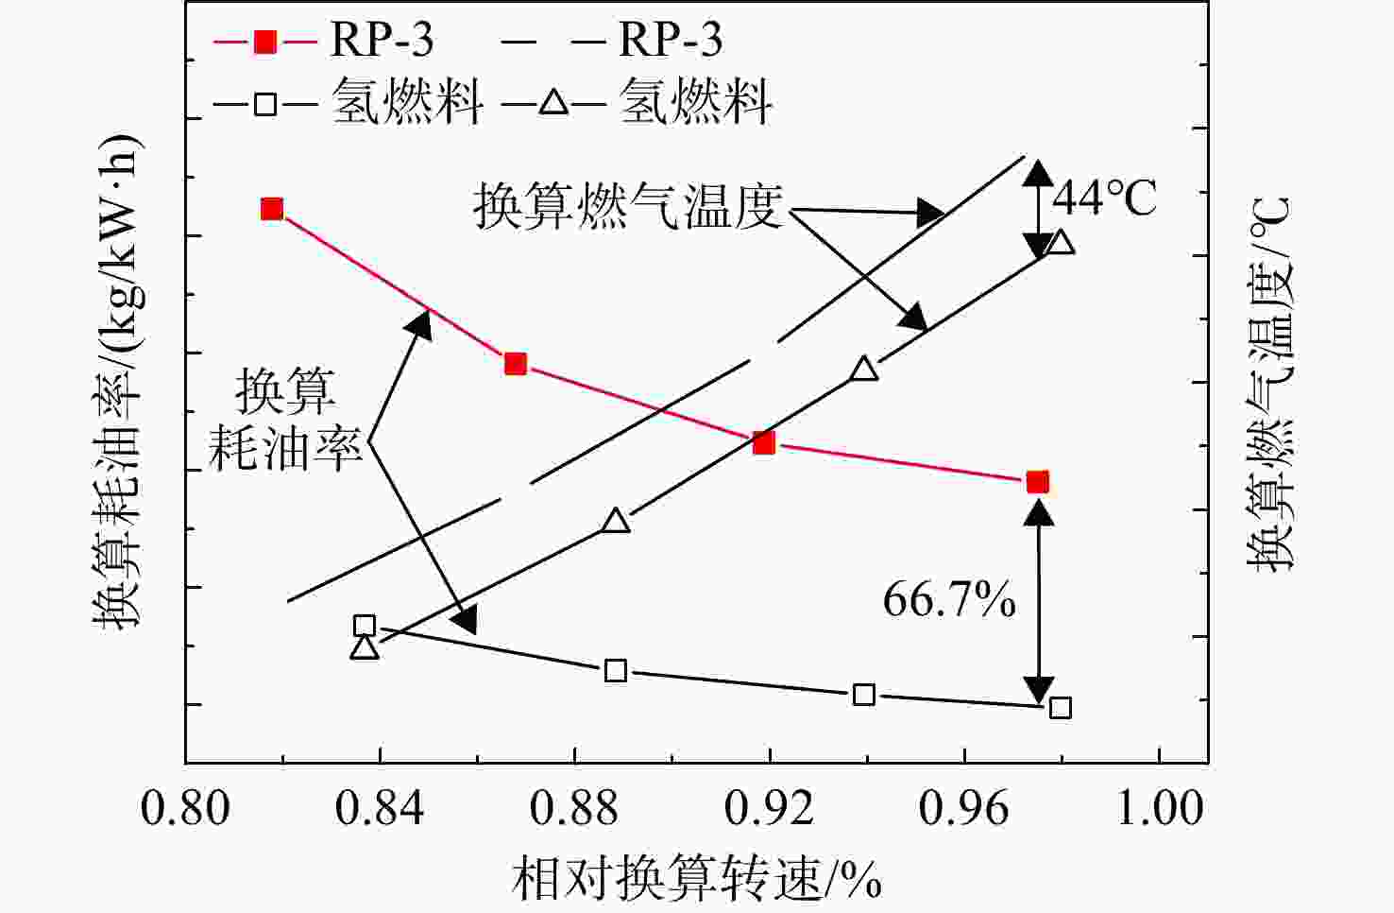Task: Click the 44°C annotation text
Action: [x=1104, y=198]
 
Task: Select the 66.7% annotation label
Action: [x=949, y=600]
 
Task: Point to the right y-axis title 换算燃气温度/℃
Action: [x=1269, y=384]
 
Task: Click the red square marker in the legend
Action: [x=265, y=42]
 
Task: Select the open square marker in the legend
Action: [x=265, y=103]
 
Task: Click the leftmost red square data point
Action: [x=272, y=209]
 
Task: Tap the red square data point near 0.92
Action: [x=764, y=443]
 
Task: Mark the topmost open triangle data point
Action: [x=1061, y=242]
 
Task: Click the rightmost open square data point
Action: [x=1061, y=708]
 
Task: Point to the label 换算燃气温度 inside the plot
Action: [x=629, y=206]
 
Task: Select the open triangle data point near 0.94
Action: [x=864, y=368]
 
